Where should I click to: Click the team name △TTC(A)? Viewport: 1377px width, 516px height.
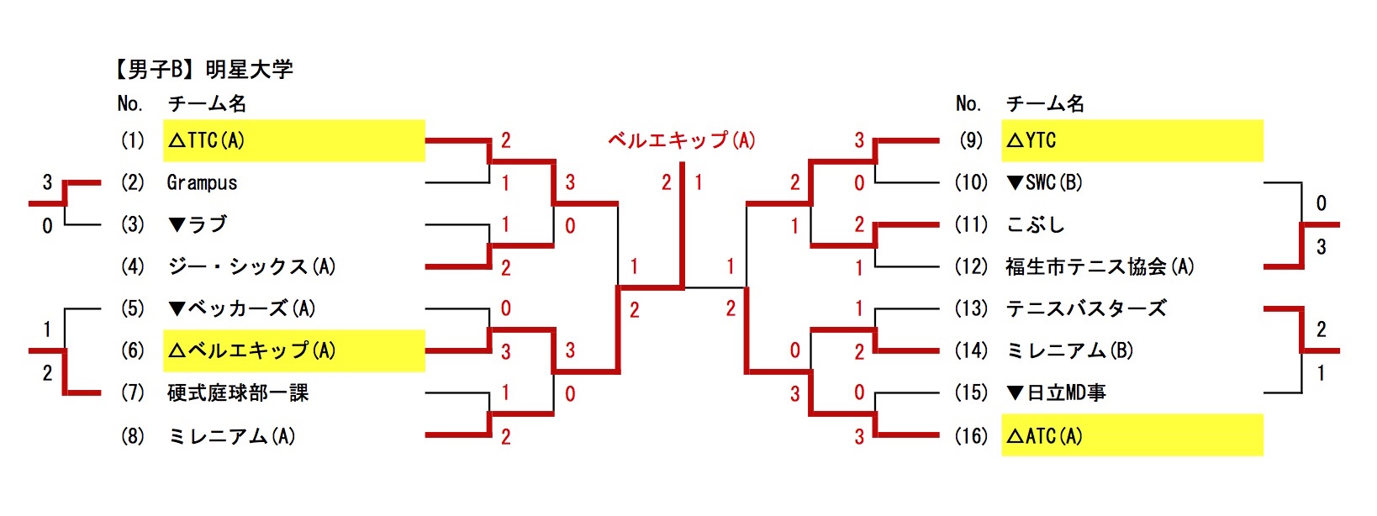coord(206,140)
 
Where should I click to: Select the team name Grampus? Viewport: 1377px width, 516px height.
coord(202,182)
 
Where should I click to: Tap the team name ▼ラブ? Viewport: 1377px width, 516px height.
coord(198,224)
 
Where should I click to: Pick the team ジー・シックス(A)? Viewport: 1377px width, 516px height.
coord(251,266)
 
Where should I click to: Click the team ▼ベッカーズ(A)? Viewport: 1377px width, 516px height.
coord(242,308)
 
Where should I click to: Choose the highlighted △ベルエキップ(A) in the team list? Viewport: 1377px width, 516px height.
coord(251,350)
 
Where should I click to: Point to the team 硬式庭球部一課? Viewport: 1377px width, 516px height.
coord(238,392)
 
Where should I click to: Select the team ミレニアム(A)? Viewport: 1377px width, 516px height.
coord(231,436)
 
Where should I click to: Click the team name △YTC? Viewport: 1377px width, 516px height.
coord(1031,140)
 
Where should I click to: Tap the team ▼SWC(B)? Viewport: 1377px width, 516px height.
coord(1044,182)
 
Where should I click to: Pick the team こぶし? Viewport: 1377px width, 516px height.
coord(1035,224)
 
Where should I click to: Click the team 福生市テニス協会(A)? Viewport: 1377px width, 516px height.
coord(1100,266)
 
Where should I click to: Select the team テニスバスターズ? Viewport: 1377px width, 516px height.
coord(1086,308)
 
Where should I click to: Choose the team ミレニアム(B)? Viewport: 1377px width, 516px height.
coord(1069,350)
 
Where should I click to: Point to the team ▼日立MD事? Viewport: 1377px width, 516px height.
coord(1056,392)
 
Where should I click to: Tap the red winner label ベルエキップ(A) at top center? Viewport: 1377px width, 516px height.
coord(682,140)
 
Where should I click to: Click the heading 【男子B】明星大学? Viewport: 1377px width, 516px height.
coord(203,69)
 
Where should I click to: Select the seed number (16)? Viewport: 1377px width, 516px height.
coord(971,436)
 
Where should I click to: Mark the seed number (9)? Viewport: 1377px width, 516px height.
coord(971,140)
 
